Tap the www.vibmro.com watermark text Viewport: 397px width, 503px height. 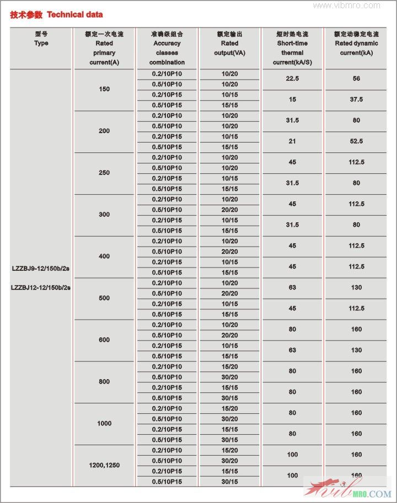coord(347,6)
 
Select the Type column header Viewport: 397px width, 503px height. coord(41,39)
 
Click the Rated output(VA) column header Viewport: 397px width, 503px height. coord(229,43)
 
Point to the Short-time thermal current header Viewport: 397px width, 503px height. coord(292,48)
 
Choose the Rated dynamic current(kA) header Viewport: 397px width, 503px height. coord(356,43)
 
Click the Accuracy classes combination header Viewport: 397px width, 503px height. coord(167,48)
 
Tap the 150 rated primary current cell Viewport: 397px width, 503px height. coord(104,89)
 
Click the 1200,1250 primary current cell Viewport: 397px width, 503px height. coord(104,465)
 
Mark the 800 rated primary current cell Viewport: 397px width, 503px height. coord(104,381)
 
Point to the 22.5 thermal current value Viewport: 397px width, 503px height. coord(292,79)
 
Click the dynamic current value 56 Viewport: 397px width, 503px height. coord(356,79)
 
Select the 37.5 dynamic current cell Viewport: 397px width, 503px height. coord(356,100)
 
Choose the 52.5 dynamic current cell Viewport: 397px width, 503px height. coord(356,141)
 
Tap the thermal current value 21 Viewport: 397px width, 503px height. coord(292,141)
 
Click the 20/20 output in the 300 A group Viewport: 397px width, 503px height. coord(229,210)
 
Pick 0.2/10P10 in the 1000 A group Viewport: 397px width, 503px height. coord(167,408)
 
